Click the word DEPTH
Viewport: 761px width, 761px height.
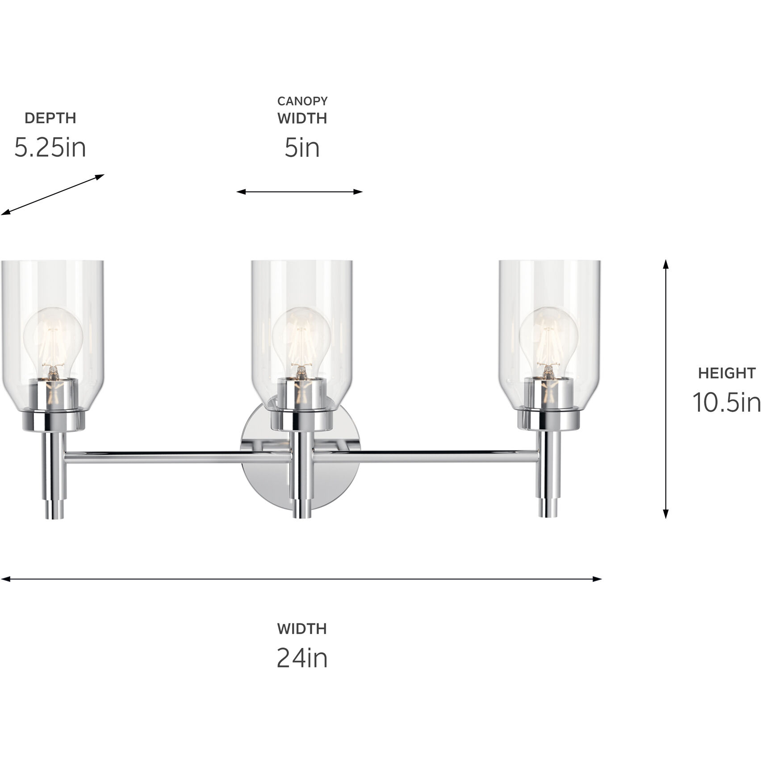point(50,118)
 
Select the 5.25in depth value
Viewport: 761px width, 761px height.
point(50,147)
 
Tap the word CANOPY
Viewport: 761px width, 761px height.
point(302,101)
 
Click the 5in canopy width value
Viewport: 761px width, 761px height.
point(302,147)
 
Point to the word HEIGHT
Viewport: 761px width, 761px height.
point(727,373)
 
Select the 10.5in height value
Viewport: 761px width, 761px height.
point(727,402)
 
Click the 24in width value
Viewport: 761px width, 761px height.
point(302,657)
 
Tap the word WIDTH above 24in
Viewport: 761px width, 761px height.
point(302,629)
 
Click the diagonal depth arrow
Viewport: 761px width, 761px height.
point(52,195)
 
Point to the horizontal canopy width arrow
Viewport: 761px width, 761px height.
point(299,192)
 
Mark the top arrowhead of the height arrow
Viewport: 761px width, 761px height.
point(665,263)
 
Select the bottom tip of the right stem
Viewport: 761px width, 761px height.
point(548,514)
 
